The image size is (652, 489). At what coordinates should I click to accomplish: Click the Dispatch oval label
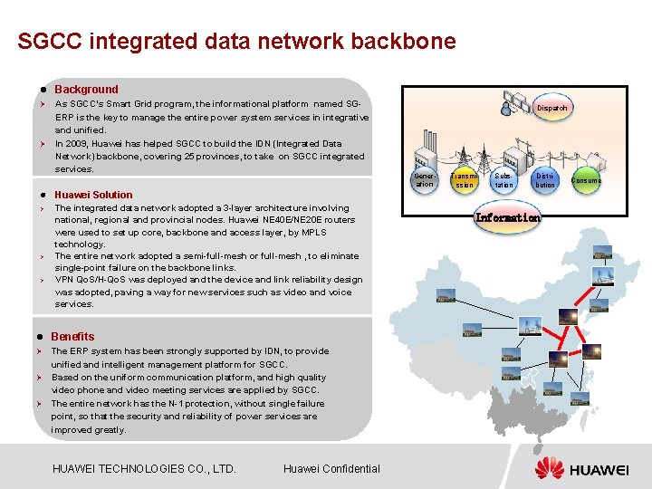(x=552, y=108)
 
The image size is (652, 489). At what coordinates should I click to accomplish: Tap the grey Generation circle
(x=424, y=178)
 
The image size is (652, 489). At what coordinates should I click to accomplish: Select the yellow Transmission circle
(x=464, y=179)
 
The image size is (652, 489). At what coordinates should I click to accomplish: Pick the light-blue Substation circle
(x=503, y=179)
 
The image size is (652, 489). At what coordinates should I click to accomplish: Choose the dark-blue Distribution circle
(x=545, y=179)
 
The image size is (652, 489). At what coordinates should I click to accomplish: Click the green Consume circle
(x=586, y=180)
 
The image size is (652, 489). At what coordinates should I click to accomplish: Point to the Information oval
(x=508, y=217)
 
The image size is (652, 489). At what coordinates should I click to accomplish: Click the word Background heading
(x=86, y=90)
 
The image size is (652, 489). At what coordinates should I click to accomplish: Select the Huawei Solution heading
(x=93, y=195)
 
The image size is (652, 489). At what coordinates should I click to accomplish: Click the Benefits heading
(x=72, y=336)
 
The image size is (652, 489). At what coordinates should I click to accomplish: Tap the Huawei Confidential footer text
(x=331, y=468)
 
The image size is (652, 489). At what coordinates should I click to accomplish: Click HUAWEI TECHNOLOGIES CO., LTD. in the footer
(x=145, y=468)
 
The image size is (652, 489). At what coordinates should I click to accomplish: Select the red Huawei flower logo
(x=549, y=468)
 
